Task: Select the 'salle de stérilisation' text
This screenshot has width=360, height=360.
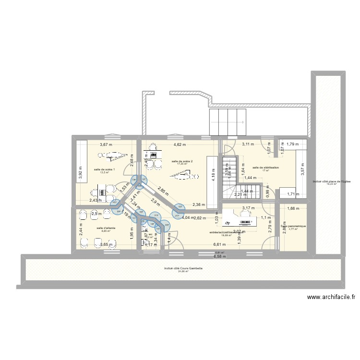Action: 262,168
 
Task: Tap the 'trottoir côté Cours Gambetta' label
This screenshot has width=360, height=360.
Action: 183,268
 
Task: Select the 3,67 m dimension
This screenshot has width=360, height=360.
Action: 106,144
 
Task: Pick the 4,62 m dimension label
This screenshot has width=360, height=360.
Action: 180,144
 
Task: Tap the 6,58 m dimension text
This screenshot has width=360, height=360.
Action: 219,257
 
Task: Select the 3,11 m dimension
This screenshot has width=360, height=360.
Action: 248,144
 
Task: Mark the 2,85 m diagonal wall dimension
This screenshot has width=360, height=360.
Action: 163,192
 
